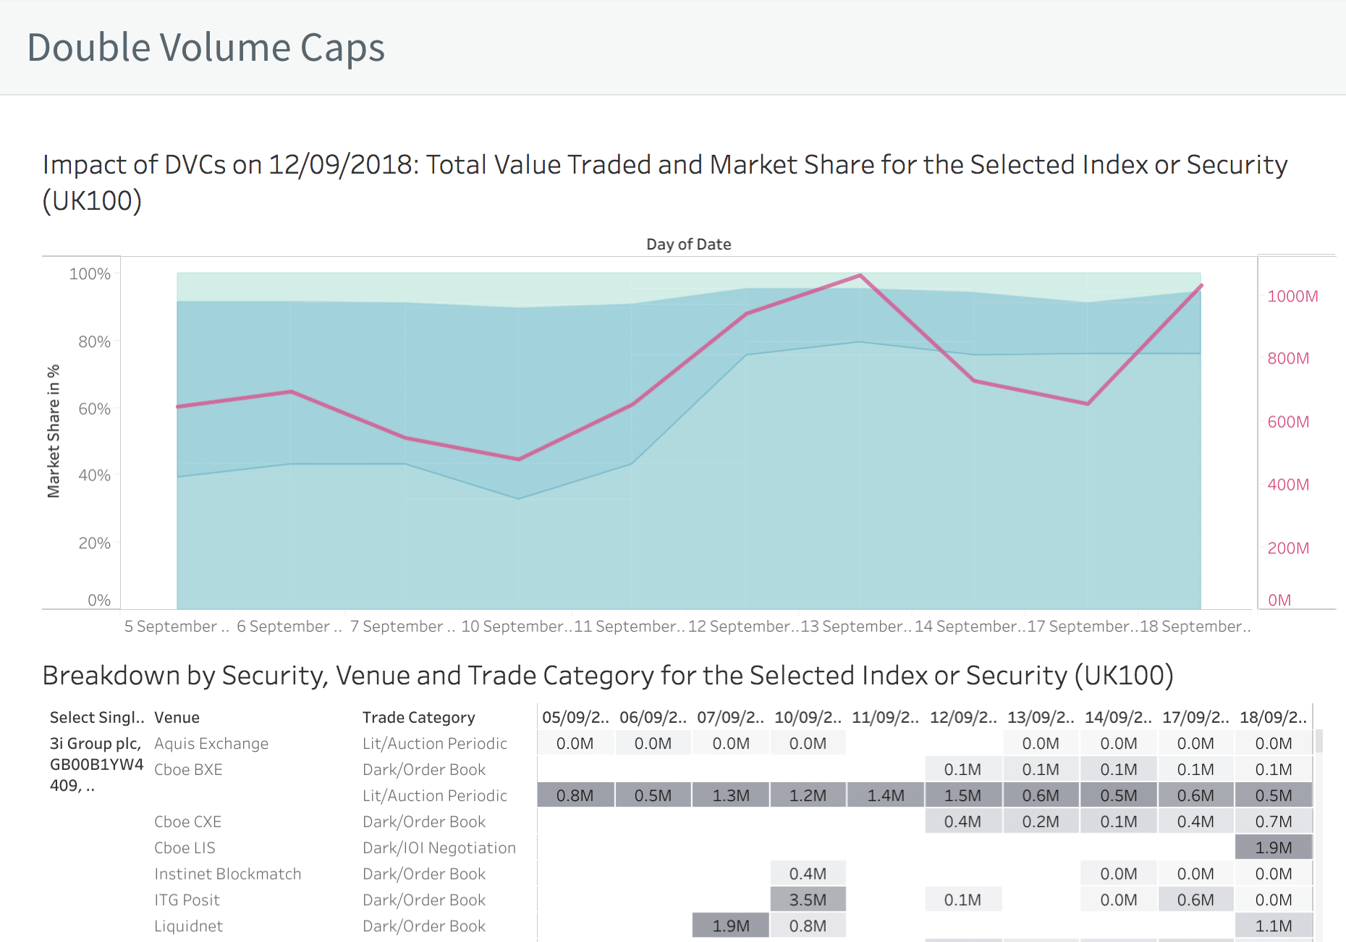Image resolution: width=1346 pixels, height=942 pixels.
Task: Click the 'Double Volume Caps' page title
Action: [206, 48]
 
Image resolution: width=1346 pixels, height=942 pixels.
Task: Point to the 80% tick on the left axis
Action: [94, 341]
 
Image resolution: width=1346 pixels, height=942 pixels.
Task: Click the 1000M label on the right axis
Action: [1292, 296]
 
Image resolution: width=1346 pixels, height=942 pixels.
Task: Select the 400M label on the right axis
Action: [1288, 485]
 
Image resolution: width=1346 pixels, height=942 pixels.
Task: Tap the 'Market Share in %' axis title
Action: [54, 431]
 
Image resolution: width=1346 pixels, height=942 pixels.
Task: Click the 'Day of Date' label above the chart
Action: [688, 245]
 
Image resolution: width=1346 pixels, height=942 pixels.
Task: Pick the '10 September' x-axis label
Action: [515, 627]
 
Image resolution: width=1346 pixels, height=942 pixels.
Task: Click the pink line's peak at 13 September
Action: [860, 276]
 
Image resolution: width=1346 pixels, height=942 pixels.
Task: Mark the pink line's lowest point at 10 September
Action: [519, 459]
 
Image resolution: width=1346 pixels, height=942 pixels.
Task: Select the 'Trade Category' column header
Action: [418, 718]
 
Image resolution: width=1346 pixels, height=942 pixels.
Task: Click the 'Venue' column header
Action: [177, 718]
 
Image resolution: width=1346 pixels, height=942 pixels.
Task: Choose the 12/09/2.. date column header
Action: [962, 718]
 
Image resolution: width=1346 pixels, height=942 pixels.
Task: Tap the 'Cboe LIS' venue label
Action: [185, 848]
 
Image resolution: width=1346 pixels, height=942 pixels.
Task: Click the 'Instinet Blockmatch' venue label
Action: [227, 874]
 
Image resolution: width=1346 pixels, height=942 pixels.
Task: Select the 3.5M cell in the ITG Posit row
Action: [808, 900]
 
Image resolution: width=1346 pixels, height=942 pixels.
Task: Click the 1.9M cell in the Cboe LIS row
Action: [1274, 848]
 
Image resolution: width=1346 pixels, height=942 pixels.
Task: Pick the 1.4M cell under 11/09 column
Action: [886, 796]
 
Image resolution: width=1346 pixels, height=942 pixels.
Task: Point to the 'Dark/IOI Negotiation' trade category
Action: [439, 848]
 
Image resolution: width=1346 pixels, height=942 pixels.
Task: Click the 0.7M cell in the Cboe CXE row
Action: [1274, 822]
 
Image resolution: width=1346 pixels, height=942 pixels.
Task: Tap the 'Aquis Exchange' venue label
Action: [211, 744]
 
